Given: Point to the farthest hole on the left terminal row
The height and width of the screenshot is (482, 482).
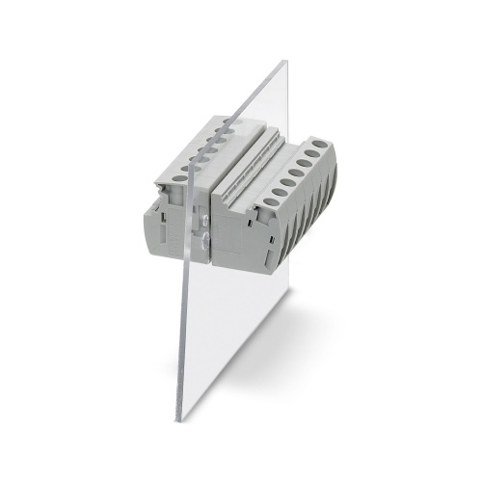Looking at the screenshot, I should (224, 122).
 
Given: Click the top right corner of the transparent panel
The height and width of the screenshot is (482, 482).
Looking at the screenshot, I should (287, 61).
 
